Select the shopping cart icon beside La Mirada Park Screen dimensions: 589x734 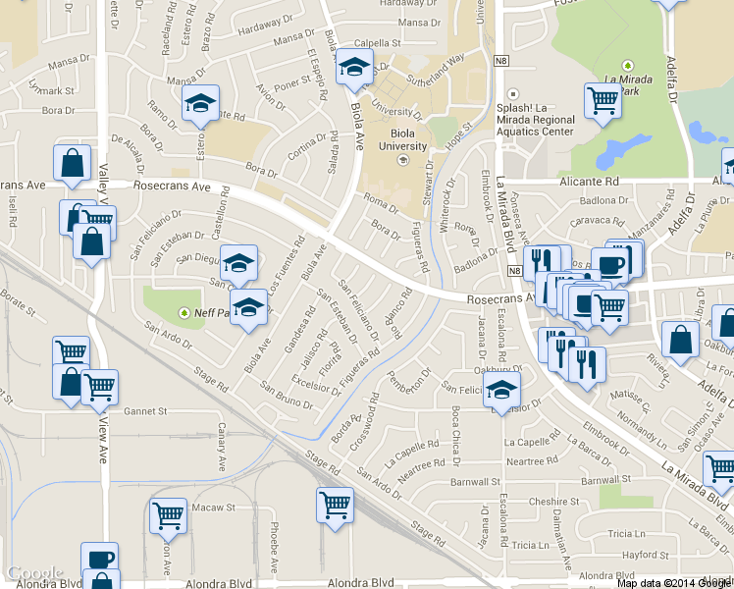tap(603, 100)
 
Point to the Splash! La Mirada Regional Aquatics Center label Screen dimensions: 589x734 tap(535, 120)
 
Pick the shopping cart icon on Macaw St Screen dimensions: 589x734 tap(168, 514)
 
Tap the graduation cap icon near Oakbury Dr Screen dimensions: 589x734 tap(502, 391)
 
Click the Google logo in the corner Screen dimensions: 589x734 tap(34, 573)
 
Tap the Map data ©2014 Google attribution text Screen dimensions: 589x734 tap(673, 583)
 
